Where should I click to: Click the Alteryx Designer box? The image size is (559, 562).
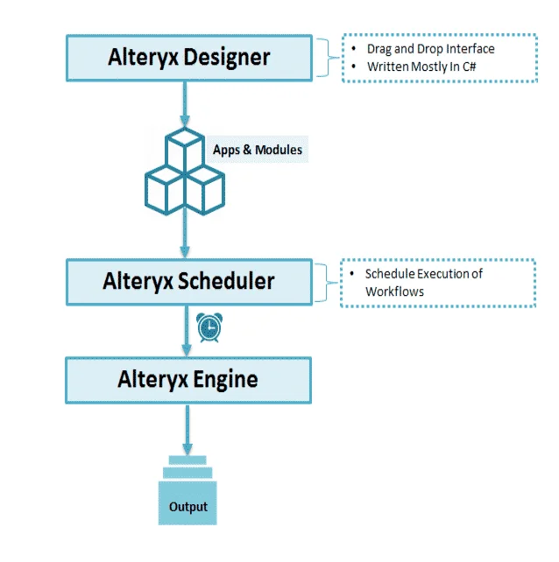tap(188, 58)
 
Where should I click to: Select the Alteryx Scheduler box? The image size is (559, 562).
tap(188, 281)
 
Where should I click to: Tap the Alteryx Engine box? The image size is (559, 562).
tap(188, 379)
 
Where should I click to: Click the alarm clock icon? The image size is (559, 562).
tap(209, 327)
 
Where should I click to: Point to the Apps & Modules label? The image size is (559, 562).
tap(258, 150)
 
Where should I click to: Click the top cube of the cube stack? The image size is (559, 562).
tap(186, 151)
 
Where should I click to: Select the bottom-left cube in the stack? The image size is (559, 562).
tap(165, 188)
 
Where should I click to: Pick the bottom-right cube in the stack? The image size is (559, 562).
tap(206, 188)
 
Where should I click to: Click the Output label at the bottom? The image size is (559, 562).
tap(188, 507)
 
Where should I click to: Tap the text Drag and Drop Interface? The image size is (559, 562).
tap(430, 48)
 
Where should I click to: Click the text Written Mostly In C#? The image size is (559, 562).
tap(423, 67)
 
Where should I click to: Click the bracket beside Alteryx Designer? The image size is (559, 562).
tap(327, 58)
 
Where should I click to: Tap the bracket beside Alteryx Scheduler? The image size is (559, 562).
tap(327, 282)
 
